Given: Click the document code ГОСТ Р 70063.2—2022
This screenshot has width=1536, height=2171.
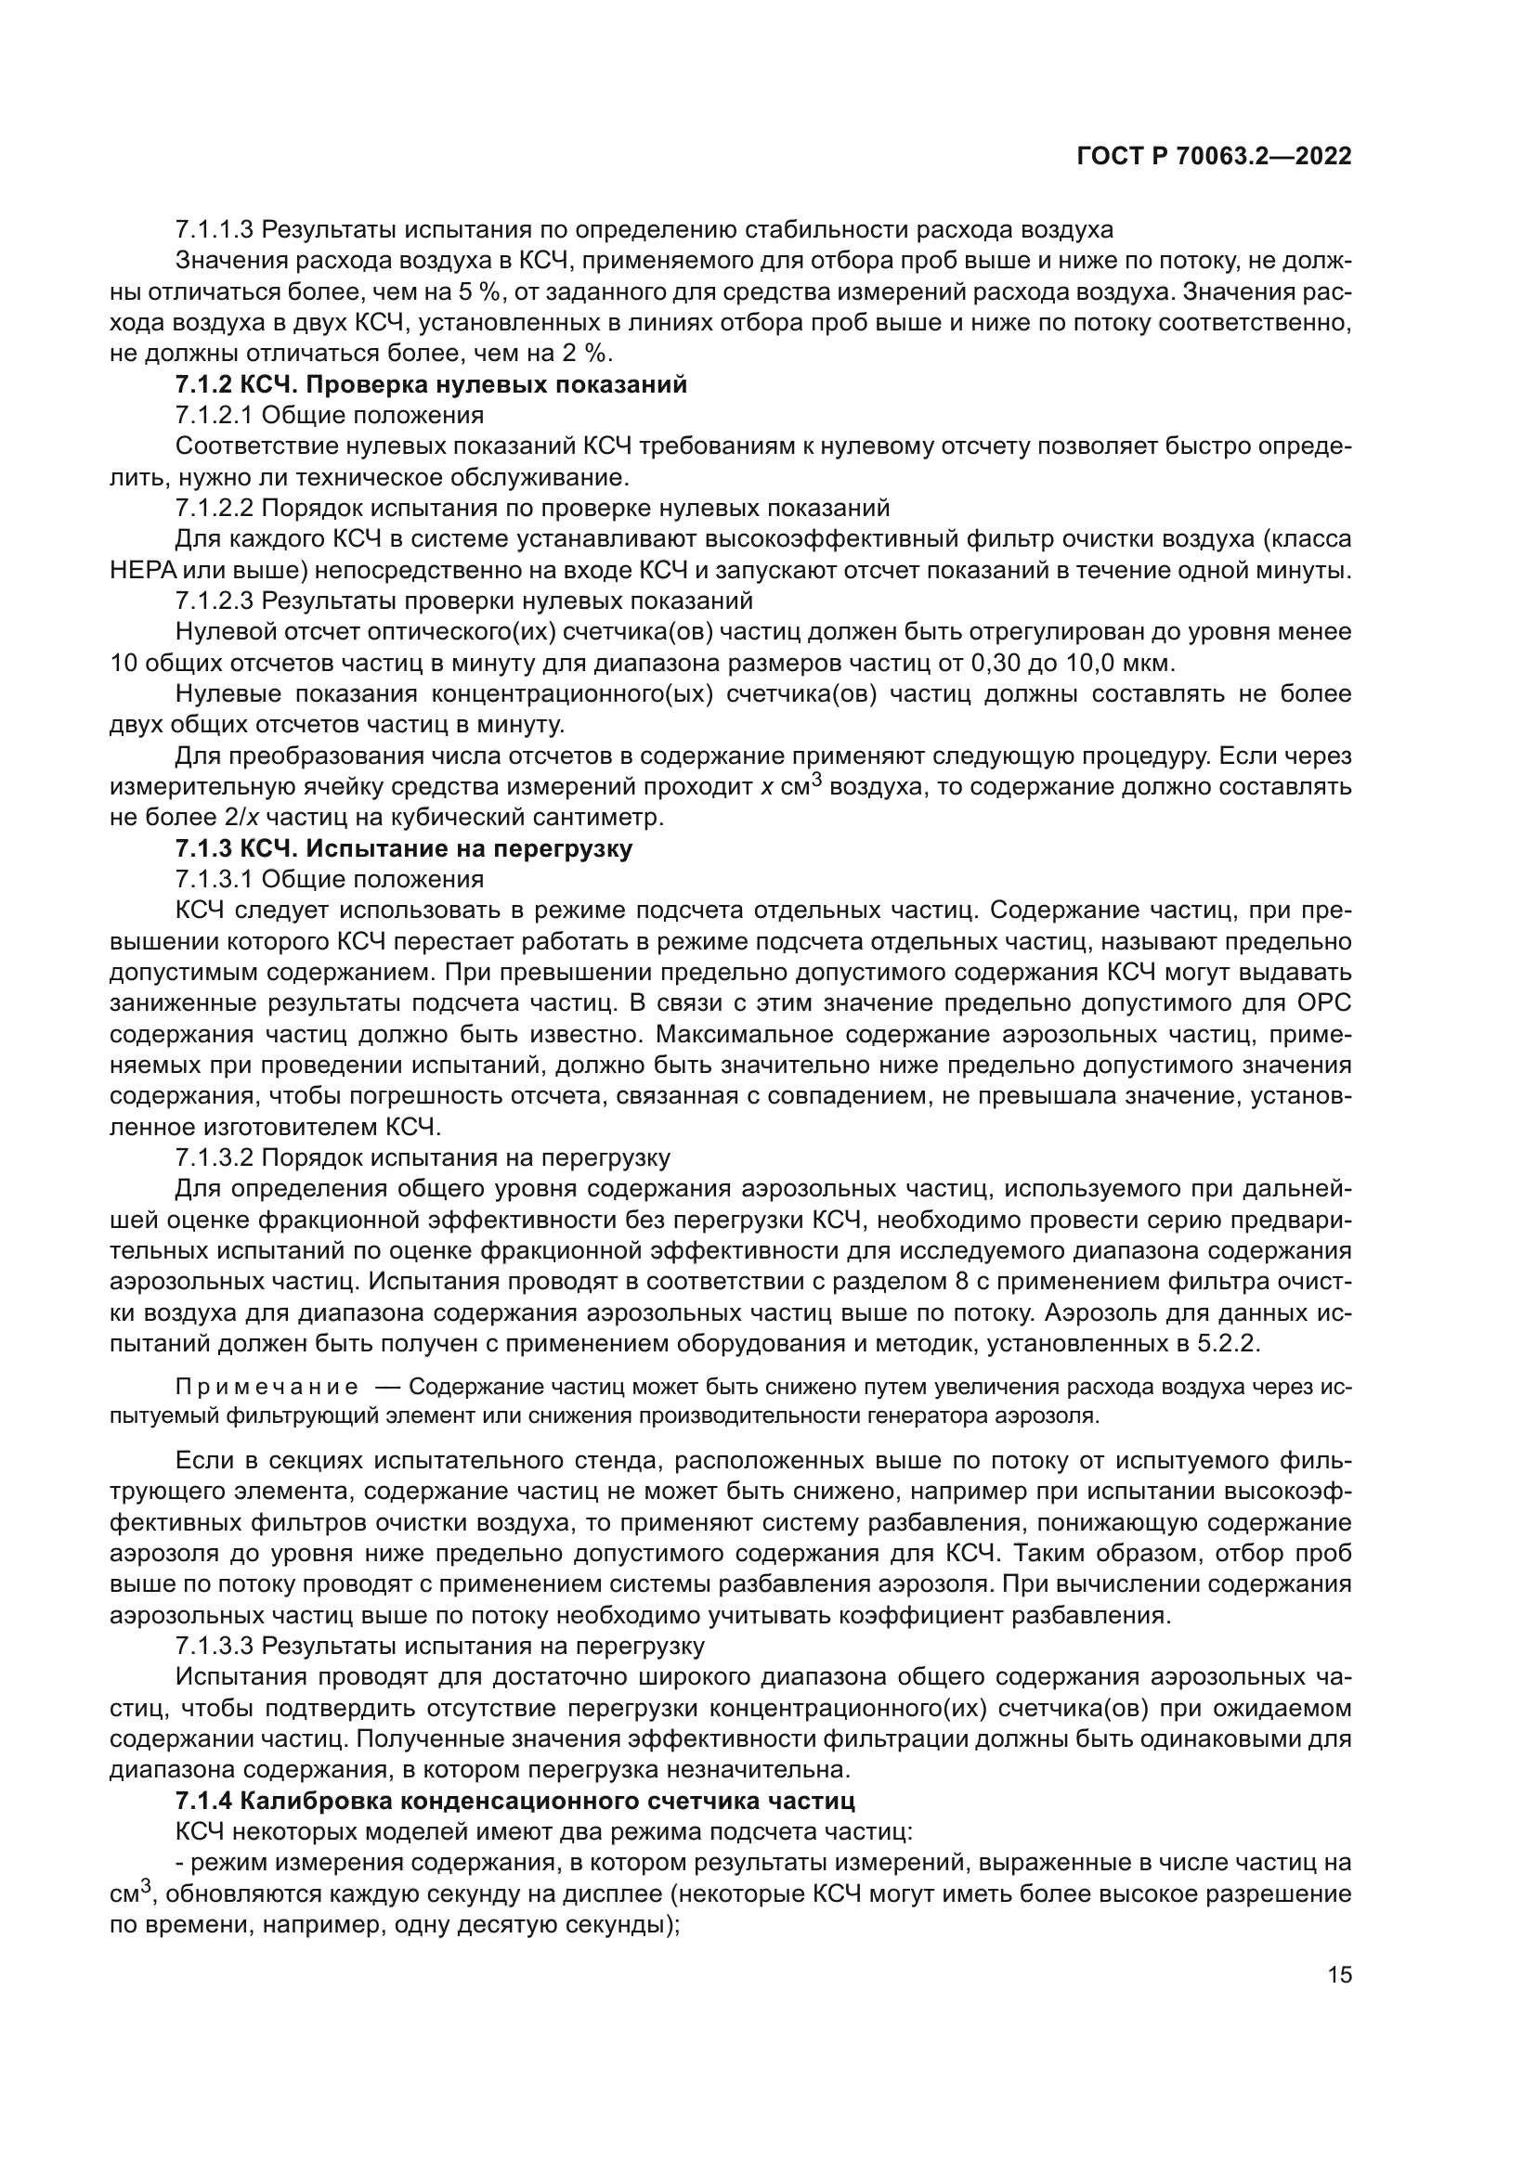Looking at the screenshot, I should [1214, 157].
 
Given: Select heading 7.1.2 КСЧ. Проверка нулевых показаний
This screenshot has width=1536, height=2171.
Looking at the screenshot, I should [431, 385].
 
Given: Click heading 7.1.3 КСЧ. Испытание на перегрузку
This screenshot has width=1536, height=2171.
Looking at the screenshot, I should [404, 848].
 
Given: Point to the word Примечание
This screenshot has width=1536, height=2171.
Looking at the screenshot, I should [267, 1387].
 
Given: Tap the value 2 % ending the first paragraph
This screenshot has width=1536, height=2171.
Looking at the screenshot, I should [590, 354].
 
